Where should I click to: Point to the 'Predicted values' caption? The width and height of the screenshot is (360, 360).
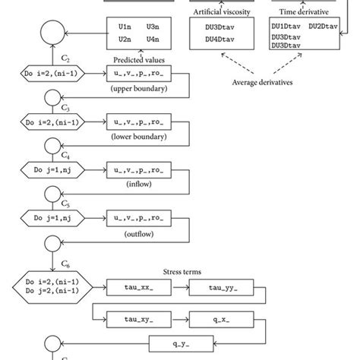pos(139,59)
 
